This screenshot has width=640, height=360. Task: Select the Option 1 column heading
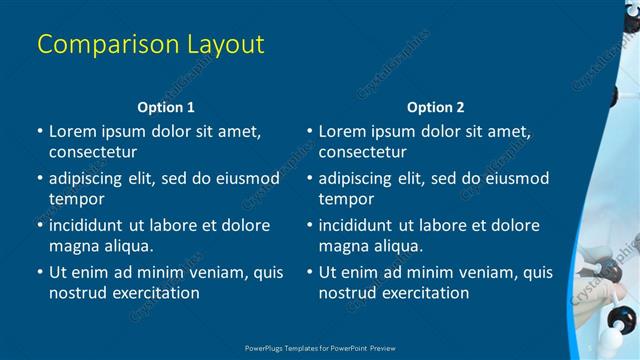pyautogui.click(x=165, y=107)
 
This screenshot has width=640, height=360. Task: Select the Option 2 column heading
pyautogui.click(x=436, y=107)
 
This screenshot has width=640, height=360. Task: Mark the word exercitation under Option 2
pyautogui.click(x=421, y=293)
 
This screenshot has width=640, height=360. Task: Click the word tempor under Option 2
pyautogui.click(x=346, y=199)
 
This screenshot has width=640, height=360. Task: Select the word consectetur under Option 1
pyautogui.click(x=93, y=152)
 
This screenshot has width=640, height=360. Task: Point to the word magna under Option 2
pyautogui.click(x=344, y=246)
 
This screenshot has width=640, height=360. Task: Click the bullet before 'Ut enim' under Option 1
pyautogui.click(x=39, y=272)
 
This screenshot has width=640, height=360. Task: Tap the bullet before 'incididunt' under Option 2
pyautogui.click(x=309, y=225)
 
